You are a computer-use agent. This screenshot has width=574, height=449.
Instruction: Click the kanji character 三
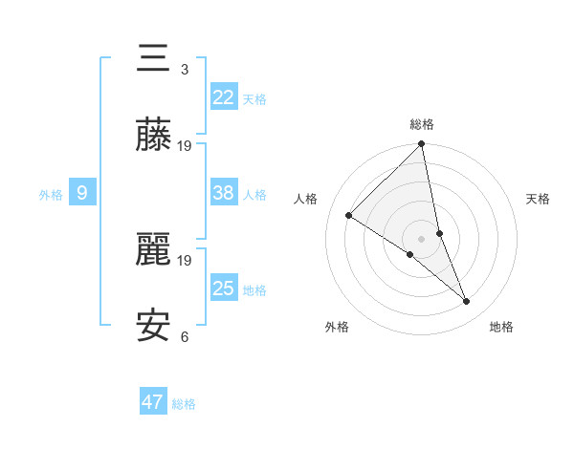click(x=154, y=60)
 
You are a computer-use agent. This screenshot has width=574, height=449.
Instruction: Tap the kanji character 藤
click(x=154, y=137)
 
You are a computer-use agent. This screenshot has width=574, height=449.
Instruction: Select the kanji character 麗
click(x=154, y=251)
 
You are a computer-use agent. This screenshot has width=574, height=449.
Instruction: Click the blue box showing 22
click(x=224, y=97)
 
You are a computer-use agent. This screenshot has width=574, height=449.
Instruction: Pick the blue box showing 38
click(x=224, y=193)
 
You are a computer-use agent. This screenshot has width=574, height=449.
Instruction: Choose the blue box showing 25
click(x=224, y=289)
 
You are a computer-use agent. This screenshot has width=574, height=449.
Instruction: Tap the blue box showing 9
click(x=82, y=193)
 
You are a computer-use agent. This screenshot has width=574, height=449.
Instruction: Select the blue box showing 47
click(x=153, y=402)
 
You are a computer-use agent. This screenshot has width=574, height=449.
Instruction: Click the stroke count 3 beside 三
click(x=185, y=70)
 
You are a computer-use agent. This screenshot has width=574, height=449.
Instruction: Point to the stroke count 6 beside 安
click(x=185, y=337)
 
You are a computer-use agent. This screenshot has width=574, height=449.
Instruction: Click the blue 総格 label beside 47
click(x=184, y=404)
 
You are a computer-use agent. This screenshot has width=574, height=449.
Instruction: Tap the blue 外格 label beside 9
click(x=51, y=195)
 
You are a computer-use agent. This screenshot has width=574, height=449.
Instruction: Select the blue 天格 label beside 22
click(x=254, y=99)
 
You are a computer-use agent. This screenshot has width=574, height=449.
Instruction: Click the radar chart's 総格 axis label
click(x=422, y=124)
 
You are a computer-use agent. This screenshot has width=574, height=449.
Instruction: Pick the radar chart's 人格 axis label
click(x=305, y=199)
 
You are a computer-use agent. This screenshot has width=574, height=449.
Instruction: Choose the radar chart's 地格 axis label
click(x=501, y=327)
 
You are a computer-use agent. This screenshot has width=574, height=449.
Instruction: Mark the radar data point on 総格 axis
click(x=422, y=145)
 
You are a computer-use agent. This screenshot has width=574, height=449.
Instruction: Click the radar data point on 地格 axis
click(x=467, y=302)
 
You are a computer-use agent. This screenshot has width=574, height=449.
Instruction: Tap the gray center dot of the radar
click(x=421, y=238)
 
